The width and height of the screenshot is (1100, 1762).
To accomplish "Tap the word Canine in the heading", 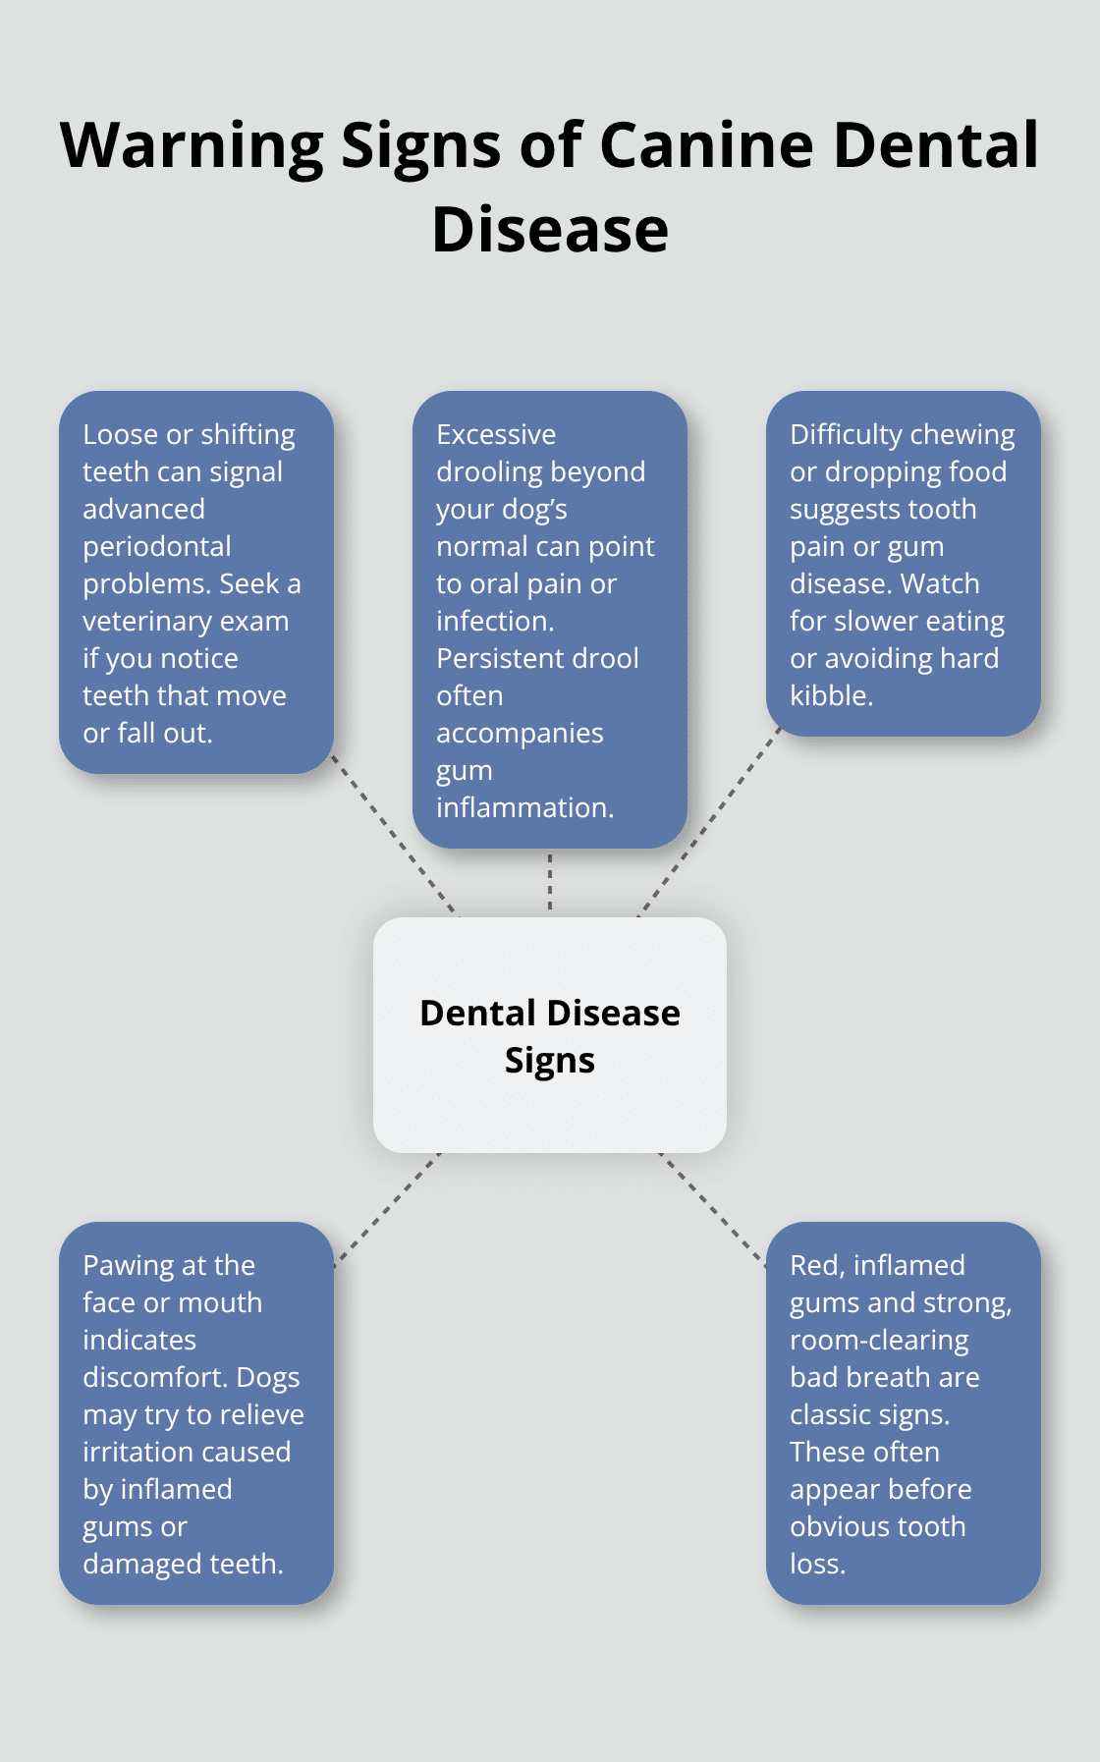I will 706,145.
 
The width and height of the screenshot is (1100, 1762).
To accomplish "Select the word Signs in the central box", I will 549,1061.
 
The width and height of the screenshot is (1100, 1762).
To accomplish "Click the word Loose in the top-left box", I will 120,434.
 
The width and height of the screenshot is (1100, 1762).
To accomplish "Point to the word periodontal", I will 157,546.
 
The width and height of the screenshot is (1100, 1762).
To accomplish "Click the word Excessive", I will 496,434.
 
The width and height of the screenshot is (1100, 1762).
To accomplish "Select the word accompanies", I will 520,733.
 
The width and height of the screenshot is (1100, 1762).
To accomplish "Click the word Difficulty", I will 847,434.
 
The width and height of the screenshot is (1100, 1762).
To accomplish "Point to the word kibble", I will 830,695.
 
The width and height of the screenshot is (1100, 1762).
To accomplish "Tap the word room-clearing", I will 879,1340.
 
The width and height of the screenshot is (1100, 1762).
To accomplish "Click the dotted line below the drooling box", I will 550,882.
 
